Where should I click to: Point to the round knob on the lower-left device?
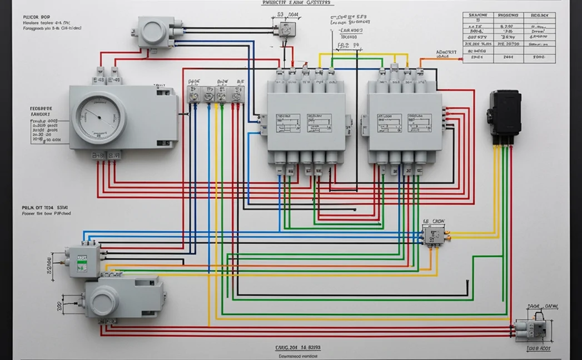pos(105,302)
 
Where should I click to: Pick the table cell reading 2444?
pos(508,57)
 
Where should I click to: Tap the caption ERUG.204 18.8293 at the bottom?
pos(298,347)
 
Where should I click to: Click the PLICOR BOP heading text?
pos(37,17)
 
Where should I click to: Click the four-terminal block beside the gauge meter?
pos(215,94)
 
